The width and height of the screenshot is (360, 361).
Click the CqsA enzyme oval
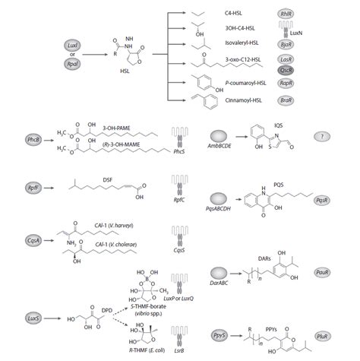(x=32, y=239)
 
